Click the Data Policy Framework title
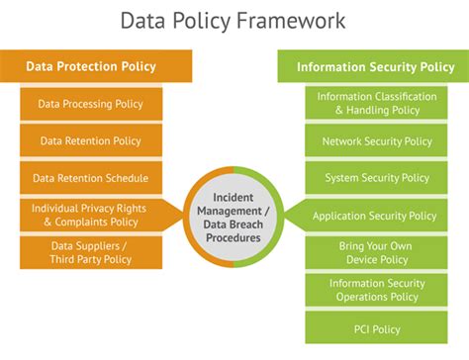[234, 21]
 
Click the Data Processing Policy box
[90, 104]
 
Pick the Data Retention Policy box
[90, 141]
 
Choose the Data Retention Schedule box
[90, 178]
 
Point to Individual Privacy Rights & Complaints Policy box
[90, 215]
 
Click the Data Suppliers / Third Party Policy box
[90, 252]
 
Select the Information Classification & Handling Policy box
[376, 104]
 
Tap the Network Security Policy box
[376, 141]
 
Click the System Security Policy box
[376, 178]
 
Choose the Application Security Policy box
[376, 216]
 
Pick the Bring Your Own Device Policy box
[376, 252]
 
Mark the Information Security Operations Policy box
[376, 289]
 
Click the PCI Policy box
[376, 326]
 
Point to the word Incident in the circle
[234, 197]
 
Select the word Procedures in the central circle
[234, 237]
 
